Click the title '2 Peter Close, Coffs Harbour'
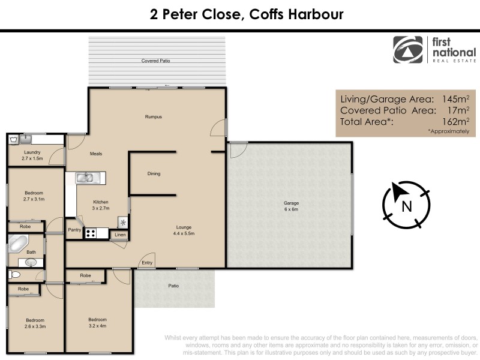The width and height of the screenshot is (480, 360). [x=247, y=14]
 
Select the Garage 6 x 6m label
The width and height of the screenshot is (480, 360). [x=291, y=206]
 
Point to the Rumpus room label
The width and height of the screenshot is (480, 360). [x=154, y=116]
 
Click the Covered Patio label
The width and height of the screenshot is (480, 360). [x=155, y=61]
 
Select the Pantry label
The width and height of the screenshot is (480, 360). [x=74, y=229]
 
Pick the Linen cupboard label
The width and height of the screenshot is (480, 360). [x=119, y=234]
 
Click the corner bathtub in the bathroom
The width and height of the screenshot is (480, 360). [x=17, y=245]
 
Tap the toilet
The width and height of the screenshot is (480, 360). [x=15, y=275]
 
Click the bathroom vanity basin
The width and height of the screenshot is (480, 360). [x=31, y=262]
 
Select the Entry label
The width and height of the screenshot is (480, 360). [x=146, y=263]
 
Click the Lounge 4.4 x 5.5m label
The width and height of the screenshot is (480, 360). [x=184, y=230]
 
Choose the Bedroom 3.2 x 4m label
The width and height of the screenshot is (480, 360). [x=97, y=322]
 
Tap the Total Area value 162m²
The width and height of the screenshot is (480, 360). [x=454, y=121]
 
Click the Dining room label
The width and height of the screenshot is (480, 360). [x=154, y=174]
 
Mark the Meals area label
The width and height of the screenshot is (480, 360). [x=96, y=154]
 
